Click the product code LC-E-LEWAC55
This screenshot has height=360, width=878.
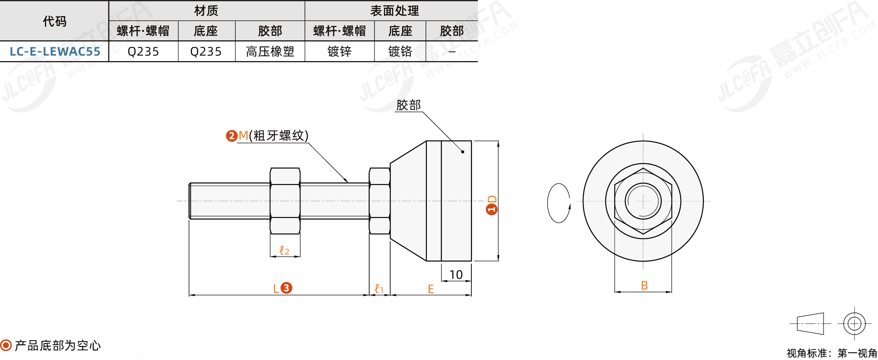(55, 51)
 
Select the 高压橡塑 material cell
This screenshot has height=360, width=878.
(270, 51)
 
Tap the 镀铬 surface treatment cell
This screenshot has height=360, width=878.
(400, 51)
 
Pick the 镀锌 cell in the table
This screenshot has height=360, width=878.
(339, 51)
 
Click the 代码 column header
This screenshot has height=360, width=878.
(54, 21)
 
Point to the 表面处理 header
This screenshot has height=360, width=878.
(394, 11)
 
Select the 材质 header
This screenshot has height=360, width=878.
(206, 11)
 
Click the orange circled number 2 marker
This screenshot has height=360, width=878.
(232, 136)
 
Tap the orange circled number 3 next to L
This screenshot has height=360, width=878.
(286, 288)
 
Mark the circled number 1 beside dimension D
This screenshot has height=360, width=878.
(492, 209)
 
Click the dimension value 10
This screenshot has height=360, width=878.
(456, 275)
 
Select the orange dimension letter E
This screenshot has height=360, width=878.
(431, 289)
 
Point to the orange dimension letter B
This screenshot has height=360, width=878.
(644, 285)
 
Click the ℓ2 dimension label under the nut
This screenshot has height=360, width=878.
(284, 250)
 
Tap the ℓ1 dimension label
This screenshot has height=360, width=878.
(379, 289)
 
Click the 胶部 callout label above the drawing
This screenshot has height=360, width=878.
(408, 105)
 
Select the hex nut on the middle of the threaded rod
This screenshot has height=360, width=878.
(285, 201)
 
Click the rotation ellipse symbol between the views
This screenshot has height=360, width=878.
(559, 203)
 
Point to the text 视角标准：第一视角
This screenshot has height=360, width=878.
(831, 353)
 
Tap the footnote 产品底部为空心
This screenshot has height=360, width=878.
(58, 346)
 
